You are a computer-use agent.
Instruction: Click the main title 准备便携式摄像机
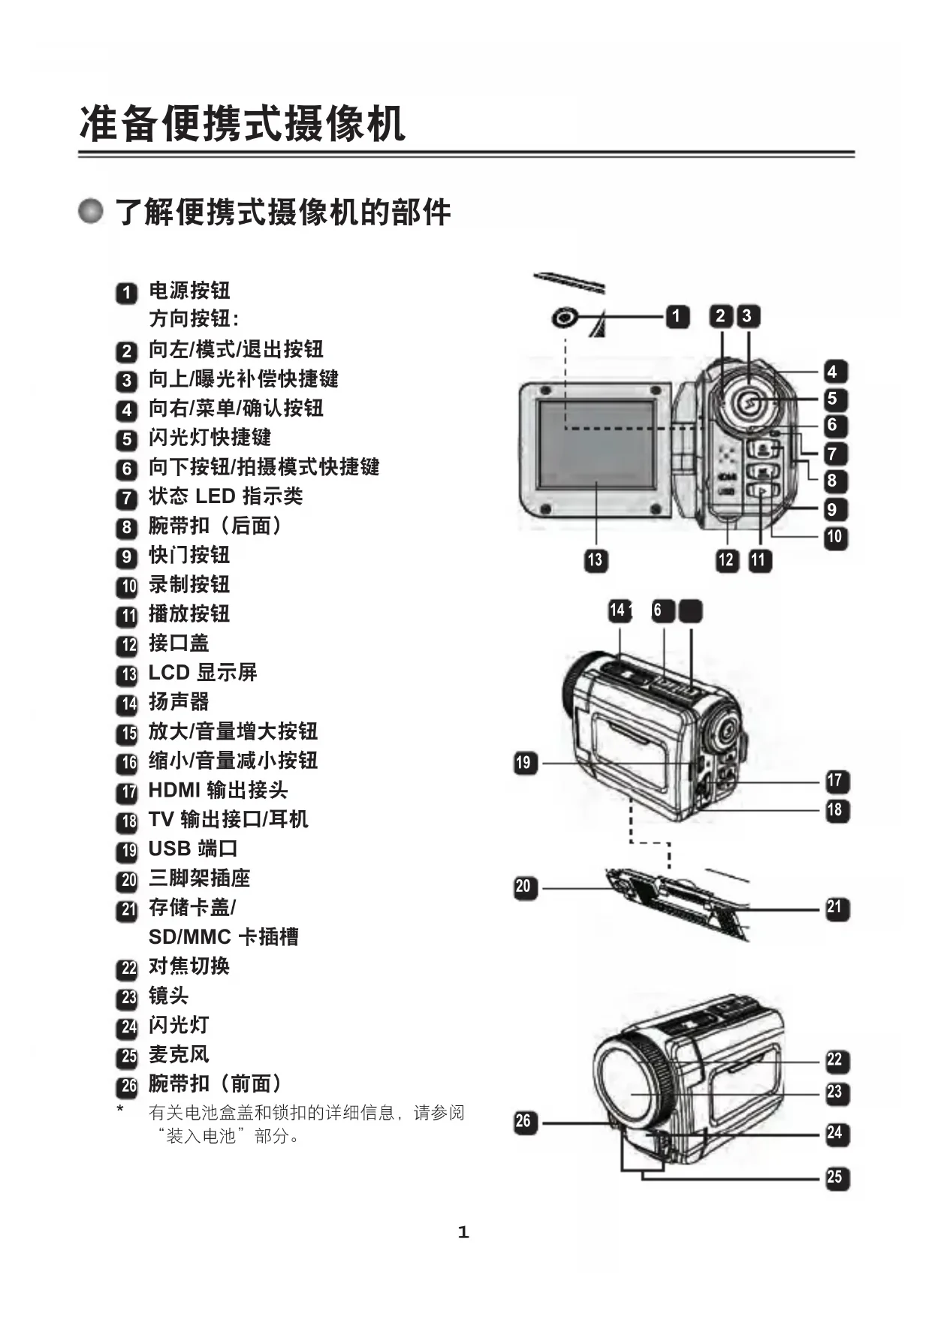(242, 124)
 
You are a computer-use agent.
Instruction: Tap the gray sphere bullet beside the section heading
(91, 211)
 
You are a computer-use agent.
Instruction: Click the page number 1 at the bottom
(463, 1232)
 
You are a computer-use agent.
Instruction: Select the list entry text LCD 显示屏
(203, 673)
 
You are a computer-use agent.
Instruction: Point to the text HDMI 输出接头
(218, 790)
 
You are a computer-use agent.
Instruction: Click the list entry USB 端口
(193, 848)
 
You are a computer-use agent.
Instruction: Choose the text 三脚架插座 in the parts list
(199, 878)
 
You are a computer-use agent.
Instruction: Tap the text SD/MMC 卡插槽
(223, 936)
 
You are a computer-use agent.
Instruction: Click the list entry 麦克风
(179, 1054)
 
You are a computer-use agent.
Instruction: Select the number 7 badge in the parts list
(127, 498)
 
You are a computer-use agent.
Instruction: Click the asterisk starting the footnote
(120, 1109)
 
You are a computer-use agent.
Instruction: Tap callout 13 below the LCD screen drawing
(595, 559)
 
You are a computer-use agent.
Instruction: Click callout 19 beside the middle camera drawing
(523, 764)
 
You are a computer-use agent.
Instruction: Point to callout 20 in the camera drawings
(523, 887)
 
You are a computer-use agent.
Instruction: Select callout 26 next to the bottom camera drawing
(523, 1122)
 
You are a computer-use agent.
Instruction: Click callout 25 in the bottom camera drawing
(834, 1177)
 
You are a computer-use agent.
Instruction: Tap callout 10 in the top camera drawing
(834, 538)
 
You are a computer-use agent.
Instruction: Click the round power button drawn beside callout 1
(564, 317)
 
